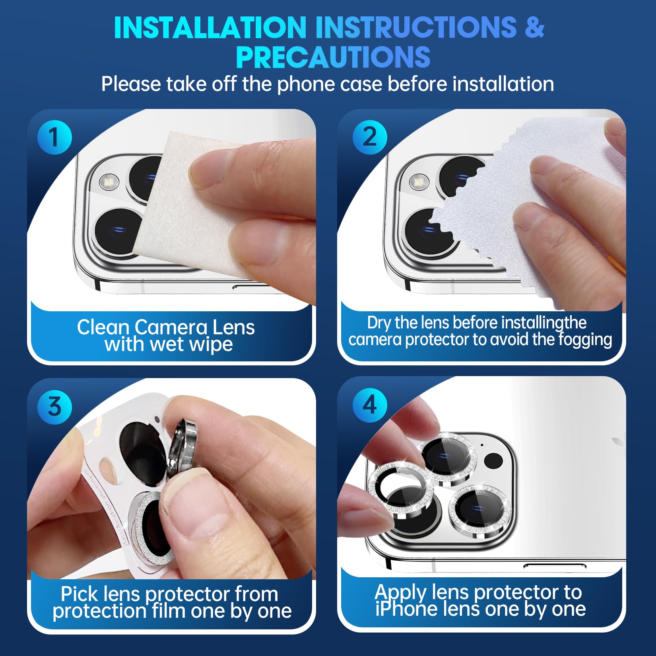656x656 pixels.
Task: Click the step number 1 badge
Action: point(54,137)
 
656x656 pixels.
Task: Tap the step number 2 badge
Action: point(370,137)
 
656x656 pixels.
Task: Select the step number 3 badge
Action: point(54,407)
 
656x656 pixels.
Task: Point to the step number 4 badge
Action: point(370,405)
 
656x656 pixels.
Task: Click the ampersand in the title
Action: point(534,27)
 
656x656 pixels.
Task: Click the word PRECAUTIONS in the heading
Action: point(333,57)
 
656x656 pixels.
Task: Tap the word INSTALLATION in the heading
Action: point(210,27)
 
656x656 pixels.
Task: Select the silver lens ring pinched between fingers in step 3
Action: point(182,447)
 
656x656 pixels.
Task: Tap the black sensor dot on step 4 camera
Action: point(493,461)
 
